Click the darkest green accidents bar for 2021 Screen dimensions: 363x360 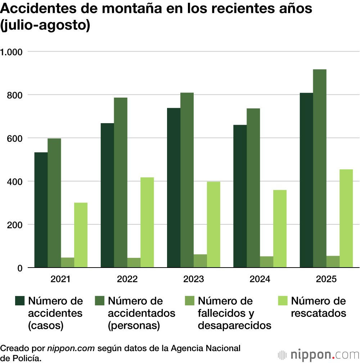(41, 210)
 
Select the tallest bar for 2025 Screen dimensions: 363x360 (320, 168)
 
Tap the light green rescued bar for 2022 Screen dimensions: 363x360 (147, 222)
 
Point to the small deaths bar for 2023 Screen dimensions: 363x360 (200, 261)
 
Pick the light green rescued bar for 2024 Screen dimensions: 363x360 (280, 229)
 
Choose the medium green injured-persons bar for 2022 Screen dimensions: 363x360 (121, 183)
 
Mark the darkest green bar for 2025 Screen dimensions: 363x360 (306, 180)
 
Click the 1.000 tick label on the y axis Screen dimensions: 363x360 (12, 52)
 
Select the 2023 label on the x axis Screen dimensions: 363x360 (194, 279)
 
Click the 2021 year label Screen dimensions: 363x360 (60, 279)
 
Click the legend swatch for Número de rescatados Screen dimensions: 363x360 (283, 301)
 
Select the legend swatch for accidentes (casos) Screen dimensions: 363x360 (19, 301)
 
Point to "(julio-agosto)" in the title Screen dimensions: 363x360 (45, 26)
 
